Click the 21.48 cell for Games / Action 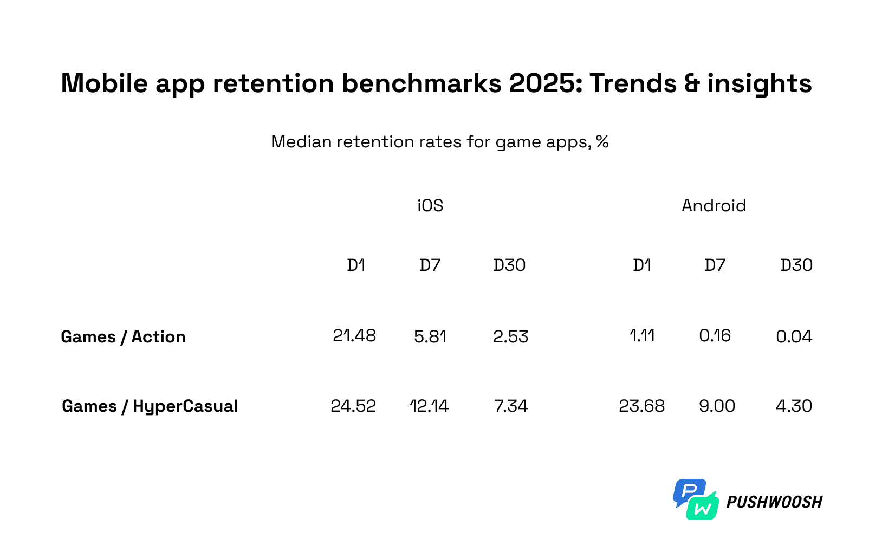(354, 336)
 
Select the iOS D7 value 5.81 (430, 337)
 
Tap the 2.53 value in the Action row (510, 337)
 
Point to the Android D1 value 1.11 (642, 336)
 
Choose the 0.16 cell (715, 336)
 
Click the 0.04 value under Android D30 (794, 337)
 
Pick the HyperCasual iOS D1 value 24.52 (353, 406)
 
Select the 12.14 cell (429, 406)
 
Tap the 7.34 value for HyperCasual (510, 406)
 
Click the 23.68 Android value (641, 406)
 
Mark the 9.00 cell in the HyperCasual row (717, 406)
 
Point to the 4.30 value (794, 406)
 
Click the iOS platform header (430, 206)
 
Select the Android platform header (714, 206)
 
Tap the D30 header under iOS (509, 265)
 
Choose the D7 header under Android (715, 265)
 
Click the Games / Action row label (123, 337)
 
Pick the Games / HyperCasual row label (150, 406)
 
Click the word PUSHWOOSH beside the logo (774, 502)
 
